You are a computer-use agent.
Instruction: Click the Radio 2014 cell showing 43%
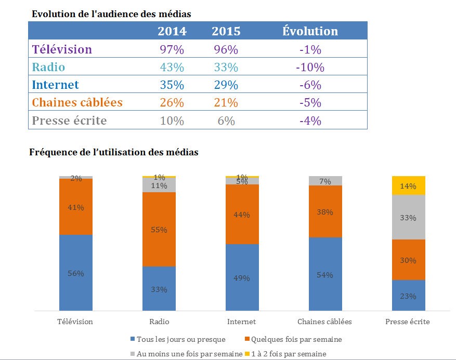click(x=172, y=68)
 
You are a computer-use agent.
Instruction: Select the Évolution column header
click(x=310, y=31)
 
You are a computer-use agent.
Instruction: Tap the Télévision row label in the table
click(x=62, y=50)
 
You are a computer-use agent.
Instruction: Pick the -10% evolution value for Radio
click(x=310, y=68)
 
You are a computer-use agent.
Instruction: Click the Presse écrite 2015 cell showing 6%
click(x=226, y=121)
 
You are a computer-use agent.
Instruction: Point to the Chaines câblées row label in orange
click(x=77, y=103)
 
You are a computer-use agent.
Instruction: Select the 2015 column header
click(x=226, y=31)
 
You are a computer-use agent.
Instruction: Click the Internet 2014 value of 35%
click(x=172, y=85)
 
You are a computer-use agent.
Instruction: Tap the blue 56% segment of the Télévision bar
click(x=76, y=273)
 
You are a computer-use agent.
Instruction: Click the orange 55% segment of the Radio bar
click(x=159, y=230)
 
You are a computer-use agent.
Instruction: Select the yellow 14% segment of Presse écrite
click(x=409, y=185)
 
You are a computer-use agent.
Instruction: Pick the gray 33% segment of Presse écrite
click(x=409, y=217)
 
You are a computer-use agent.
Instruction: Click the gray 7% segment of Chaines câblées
click(x=325, y=181)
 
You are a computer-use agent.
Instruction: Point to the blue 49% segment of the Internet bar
click(x=242, y=277)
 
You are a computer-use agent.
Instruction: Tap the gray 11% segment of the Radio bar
click(x=159, y=185)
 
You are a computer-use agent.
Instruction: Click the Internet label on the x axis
click(x=241, y=322)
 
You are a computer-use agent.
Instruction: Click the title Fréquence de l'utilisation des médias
click(x=115, y=153)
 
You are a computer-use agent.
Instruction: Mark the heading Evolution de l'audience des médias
click(x=111, y=14)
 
